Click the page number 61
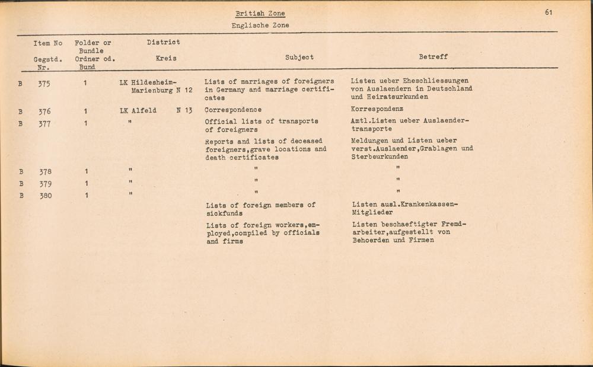tap(549, 12)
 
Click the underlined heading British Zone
tap(260, 14)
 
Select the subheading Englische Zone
tap(260, 25)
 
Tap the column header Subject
tap(299, 58)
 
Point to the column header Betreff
tap(433, 57)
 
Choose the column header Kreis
tap(165, 59)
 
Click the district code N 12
tap(185, 90)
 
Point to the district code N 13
tap(185, 110)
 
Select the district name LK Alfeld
tap(138, 110)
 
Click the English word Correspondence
tap(233, 110)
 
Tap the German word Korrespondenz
tap(377, 110)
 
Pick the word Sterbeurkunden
tap(380, 157)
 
